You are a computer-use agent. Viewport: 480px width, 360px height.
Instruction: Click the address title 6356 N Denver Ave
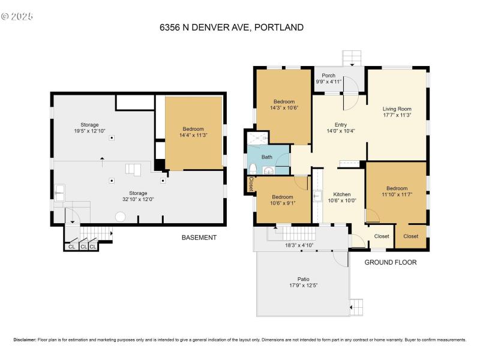click(231, 27)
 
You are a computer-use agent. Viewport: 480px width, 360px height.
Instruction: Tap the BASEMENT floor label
click(199, 238)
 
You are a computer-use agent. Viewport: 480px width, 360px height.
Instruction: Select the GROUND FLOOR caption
click(391, 262)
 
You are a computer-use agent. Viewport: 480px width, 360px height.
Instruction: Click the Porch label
click(328, 78)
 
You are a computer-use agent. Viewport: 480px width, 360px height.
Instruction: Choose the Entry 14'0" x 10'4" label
click(341, 128)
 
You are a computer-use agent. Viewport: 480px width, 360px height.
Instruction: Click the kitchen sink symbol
click(317, 196)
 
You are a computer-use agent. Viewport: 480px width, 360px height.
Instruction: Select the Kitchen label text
click(341, 194)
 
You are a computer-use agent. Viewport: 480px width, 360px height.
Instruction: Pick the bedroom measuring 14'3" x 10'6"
click(284, 104)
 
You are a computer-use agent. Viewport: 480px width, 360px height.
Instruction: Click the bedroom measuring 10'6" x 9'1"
click(282, 200)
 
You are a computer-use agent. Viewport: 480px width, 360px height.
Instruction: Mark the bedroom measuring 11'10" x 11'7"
click(397, 191)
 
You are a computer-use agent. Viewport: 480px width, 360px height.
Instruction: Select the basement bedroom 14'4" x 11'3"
click(193, 132)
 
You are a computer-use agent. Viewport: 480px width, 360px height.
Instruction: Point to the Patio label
click(304, 283)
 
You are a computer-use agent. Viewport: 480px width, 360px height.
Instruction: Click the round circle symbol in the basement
click(120, 217)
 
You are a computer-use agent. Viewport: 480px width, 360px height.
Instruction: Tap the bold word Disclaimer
click(25, 340)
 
